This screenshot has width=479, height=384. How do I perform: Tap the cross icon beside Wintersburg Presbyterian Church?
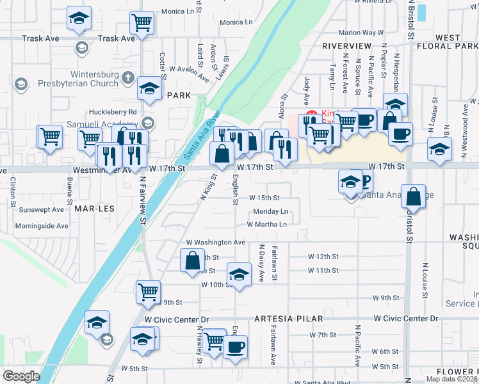[127, 78]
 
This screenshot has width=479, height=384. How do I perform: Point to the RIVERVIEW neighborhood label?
[346, 46]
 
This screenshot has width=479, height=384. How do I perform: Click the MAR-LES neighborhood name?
[90, 209]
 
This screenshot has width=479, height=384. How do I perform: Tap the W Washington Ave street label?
[216, 243]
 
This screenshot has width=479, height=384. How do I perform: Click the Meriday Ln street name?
[270, 211]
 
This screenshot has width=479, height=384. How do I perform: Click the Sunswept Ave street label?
[42, 209]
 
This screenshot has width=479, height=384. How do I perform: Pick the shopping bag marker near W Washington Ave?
[193, 260]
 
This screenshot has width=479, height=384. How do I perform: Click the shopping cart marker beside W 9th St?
[149, 291]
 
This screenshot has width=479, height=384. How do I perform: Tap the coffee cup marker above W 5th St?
[236, 346]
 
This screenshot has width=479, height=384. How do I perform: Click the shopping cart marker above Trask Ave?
[142, 22]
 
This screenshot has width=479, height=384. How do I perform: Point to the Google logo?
[21, 376]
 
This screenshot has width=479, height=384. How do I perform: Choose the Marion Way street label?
[361, 33]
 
